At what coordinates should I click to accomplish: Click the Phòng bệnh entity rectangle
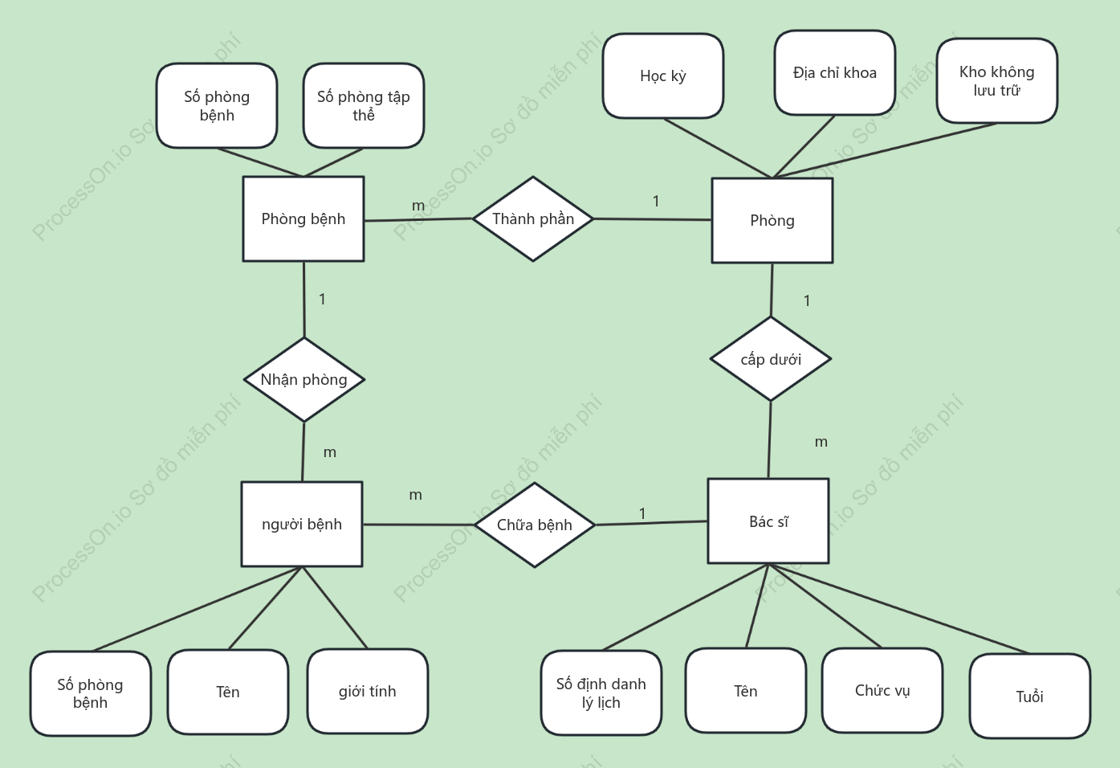(303, 219)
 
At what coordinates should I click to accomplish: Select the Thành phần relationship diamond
(533, 219)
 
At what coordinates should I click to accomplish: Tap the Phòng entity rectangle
(772, 220)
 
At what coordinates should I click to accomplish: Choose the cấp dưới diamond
(771, 359)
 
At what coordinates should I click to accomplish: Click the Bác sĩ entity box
(768, 521)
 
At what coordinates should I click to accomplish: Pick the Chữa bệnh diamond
(535, 525)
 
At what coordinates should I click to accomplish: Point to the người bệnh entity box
(302, 524)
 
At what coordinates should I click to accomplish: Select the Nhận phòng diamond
(304, 379)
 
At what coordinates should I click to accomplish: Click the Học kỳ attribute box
(663, 76)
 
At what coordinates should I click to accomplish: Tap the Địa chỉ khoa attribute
(834, 72)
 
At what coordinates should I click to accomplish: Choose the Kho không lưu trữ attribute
(997, 80)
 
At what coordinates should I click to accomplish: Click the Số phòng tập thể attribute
(364, 105)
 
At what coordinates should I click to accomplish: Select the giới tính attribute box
(368, 692)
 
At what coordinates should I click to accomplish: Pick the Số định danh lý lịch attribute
(601, 693)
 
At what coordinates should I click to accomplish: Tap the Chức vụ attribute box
(882, 690)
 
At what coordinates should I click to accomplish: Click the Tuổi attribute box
(1029, 696)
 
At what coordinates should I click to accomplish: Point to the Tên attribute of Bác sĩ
(746, 690)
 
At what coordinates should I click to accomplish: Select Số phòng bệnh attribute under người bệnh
(91, 693)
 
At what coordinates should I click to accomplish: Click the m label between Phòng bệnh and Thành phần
(418, 206)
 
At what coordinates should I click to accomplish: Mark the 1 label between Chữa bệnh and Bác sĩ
(642, 513)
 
